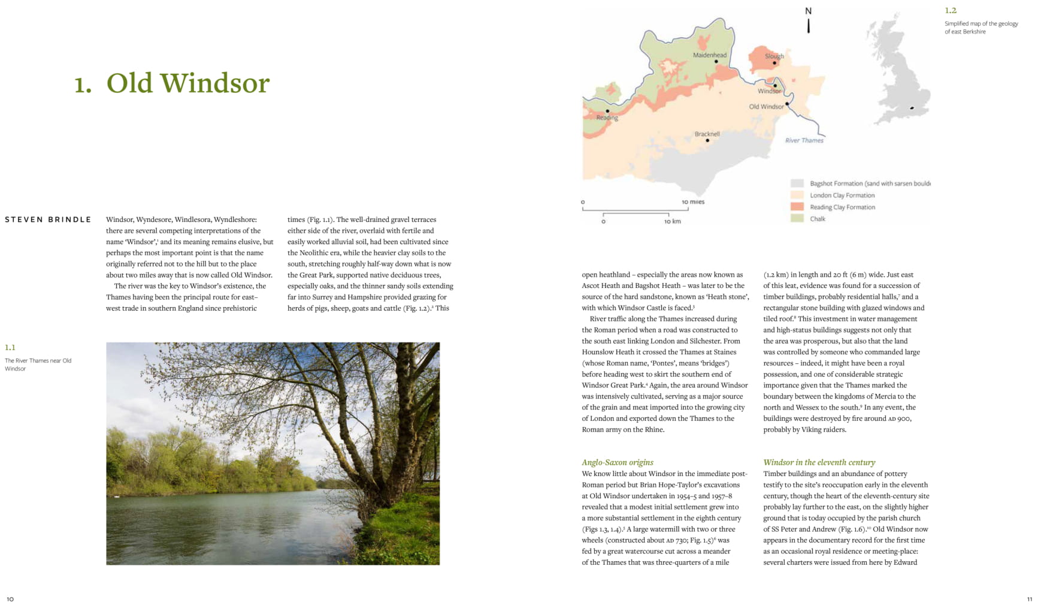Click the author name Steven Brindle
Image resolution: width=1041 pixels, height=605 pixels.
click(x=48, y=219)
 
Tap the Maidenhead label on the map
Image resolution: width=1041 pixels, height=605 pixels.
click(x=710, y=55)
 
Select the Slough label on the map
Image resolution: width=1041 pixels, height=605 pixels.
click(x=774, y=56)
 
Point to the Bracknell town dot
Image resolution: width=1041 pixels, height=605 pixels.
click(x=707, y=140)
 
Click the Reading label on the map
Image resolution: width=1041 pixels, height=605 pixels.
click(x=607, y=118)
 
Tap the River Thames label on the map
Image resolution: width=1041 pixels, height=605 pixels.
click(x=804, y=140)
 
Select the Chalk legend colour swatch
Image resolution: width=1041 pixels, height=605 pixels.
click(x=797, y=219)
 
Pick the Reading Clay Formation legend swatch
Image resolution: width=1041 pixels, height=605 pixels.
click(x=797, y=207)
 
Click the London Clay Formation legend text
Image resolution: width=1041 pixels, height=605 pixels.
click(x=842, y=195)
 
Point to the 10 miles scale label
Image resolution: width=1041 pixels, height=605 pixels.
click(x=693, y=202)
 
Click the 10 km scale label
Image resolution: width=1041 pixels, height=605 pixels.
click(x=672, y=221)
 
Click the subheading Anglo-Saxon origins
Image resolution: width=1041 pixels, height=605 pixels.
click(x=618, y=462)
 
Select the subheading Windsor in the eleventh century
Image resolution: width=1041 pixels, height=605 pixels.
click(x=819, y=462)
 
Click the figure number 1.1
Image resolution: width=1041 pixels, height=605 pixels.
click(x=10, y=347)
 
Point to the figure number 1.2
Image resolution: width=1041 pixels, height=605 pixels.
click(x=951, y=10)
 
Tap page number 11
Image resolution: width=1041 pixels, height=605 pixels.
click(x=1030, y=599)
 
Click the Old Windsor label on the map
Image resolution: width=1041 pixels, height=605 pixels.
click(x=766, y=107)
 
